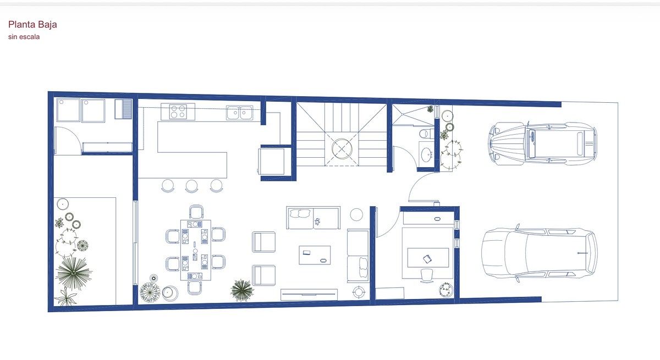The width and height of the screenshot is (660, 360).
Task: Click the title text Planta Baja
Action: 32,24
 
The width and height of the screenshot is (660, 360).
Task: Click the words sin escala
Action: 24,37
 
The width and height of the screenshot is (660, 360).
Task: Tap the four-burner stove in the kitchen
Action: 178,112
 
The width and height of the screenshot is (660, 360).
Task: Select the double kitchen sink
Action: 240,113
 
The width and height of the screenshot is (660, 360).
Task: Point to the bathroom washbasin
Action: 426,154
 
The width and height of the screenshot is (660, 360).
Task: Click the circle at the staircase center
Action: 342,149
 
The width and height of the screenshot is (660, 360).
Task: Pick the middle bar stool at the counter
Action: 191,186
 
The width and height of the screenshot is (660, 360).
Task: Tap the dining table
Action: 196,250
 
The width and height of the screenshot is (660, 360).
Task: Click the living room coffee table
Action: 315,255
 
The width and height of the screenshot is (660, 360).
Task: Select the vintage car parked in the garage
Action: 543,143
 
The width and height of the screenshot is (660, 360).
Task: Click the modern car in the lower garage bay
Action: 540,253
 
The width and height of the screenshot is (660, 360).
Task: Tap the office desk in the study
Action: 428,258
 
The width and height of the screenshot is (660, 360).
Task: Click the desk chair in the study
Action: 427,275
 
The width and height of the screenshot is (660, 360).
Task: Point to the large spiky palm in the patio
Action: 73,273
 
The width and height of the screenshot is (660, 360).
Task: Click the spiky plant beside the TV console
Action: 242,290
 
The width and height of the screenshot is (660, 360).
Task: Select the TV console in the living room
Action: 309,295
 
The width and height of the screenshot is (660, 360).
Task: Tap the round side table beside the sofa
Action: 356,214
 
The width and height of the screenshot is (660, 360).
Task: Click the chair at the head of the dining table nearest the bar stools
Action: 196,212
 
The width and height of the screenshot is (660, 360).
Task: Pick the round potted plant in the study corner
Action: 446,290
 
